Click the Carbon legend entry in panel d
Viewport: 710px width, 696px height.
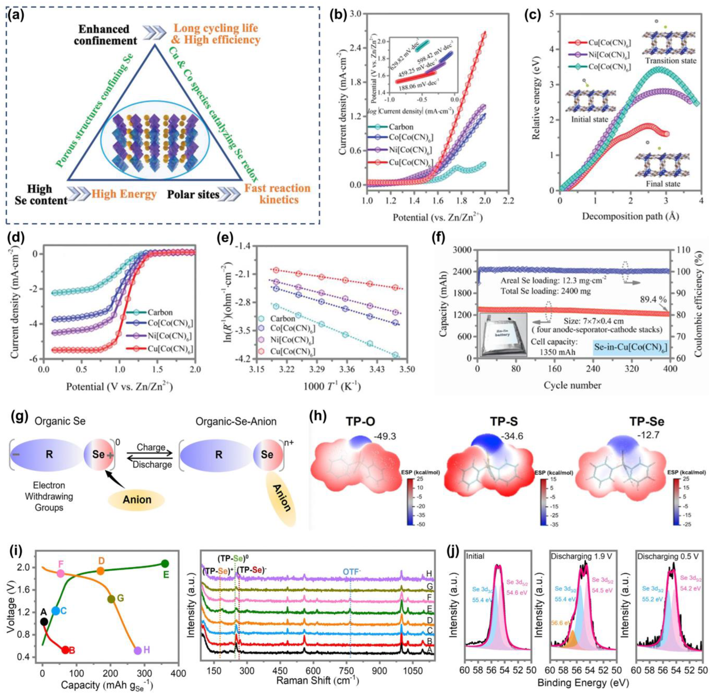(160, 313)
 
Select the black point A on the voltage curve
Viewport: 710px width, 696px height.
(44, 621)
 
